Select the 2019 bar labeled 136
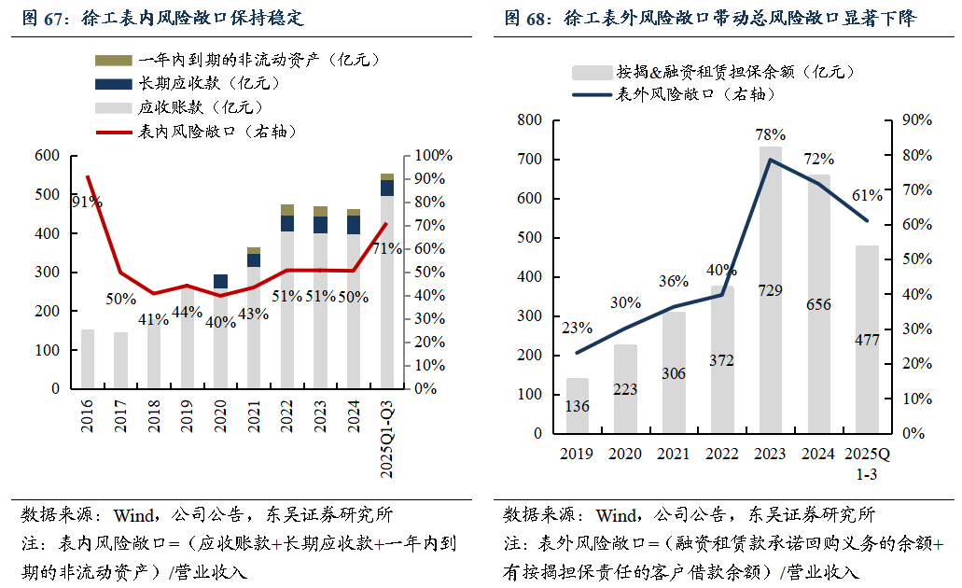[x=578, y=405]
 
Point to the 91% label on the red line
[x=86, y=201]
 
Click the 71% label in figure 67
[x=386, y=248]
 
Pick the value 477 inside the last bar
[x=867, y=340]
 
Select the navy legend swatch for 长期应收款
[x=112, y=84]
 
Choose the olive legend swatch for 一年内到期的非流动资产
[x=112, y=61]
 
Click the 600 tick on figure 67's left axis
[x=48, y=156]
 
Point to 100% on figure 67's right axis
[x=434, y=156]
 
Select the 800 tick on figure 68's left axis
[x=529, y=120]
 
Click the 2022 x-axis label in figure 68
[x=721, y=455]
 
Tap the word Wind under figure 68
[x=615, y=515]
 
